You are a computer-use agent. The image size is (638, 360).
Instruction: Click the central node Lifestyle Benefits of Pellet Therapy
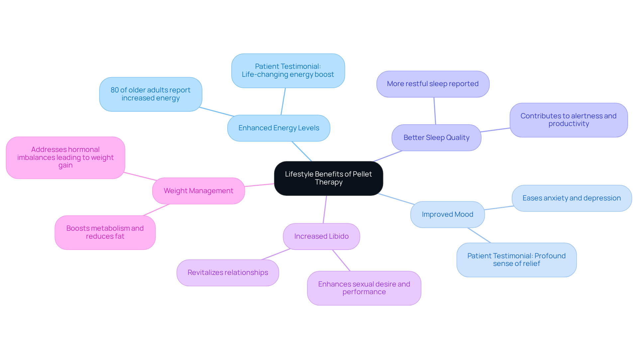(x=328, y=178)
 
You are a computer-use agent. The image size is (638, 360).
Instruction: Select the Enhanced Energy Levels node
(x=278, y=128)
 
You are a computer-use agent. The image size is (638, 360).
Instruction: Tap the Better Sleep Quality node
(x=436, y=138)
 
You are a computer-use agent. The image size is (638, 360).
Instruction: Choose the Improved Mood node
(x=447, y=214)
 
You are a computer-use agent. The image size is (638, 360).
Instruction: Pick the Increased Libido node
(x=321, y=236)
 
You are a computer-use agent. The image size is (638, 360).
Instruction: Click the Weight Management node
(x=198, y=191)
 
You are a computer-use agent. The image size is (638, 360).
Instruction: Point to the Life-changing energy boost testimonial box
(x=288, y=70)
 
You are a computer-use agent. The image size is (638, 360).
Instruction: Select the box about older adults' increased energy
(x=151, y=94)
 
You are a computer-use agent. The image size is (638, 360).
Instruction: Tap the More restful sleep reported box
(x=433, y=84)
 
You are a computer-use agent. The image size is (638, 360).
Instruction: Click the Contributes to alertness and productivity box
(x=568, y=120)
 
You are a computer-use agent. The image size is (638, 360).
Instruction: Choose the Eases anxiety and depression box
(x=572, y=198)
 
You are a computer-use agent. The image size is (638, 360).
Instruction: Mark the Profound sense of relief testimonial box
(x=516, y=260)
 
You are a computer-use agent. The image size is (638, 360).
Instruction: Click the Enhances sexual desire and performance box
(x=364, y=288)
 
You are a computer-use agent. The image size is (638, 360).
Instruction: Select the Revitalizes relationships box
(x=228, y=273)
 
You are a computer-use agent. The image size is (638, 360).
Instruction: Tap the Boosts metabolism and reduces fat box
(x=105, y=232)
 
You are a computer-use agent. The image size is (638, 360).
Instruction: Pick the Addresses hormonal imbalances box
(x=65, y=158)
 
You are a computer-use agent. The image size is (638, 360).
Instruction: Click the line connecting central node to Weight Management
(x=260, y=185)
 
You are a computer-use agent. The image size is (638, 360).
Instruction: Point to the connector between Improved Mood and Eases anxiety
(x=499, y=208)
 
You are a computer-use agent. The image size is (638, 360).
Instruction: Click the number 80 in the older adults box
(x=114, y=90)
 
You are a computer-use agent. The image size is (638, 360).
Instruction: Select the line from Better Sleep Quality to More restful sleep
(x=435, y=111)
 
